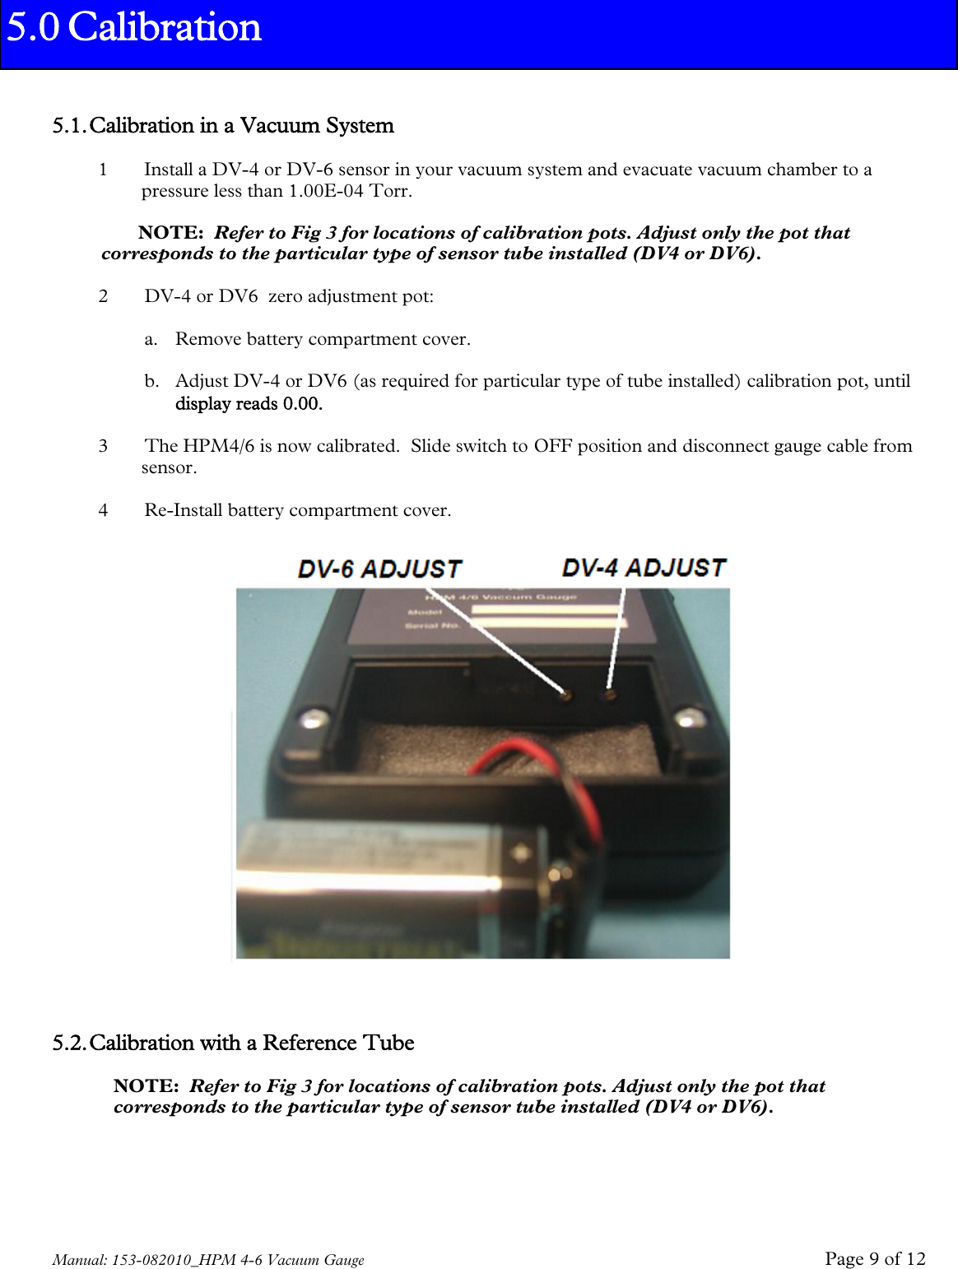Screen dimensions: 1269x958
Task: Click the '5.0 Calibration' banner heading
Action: click(134, 27)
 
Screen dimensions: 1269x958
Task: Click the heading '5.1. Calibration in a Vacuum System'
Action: click(223, 126)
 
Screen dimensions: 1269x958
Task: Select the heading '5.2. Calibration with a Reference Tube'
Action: click(233, 1044)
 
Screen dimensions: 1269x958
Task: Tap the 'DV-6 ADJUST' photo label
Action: click(379, 569)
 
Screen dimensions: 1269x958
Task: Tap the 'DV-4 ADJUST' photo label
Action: click(644, 568)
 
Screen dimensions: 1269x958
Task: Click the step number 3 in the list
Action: click(103, 446)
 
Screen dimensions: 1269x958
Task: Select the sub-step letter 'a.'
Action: click(151, 339)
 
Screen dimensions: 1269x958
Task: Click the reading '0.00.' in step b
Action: click(302, 403)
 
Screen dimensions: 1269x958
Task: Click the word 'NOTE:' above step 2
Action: click(170, 233)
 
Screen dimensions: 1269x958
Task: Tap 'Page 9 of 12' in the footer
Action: click(875, 1258)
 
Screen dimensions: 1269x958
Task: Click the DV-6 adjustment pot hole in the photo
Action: click(565, 695)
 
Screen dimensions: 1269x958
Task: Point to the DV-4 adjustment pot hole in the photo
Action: click(610, 695)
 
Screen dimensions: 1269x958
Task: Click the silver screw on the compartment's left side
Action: click(311, 719)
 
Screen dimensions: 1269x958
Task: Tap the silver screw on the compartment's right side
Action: click(691, 718)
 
